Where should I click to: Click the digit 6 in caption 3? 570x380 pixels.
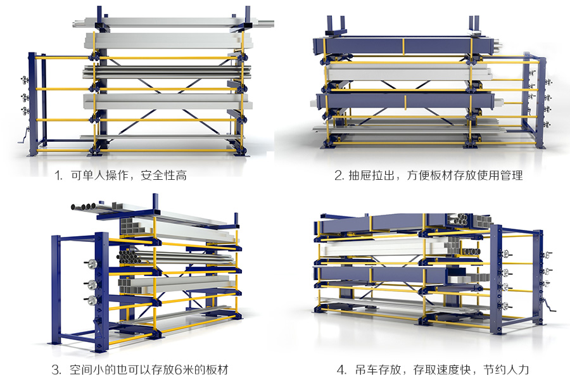pos(166,369)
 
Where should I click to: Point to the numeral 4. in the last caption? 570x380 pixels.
pos(341,369)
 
